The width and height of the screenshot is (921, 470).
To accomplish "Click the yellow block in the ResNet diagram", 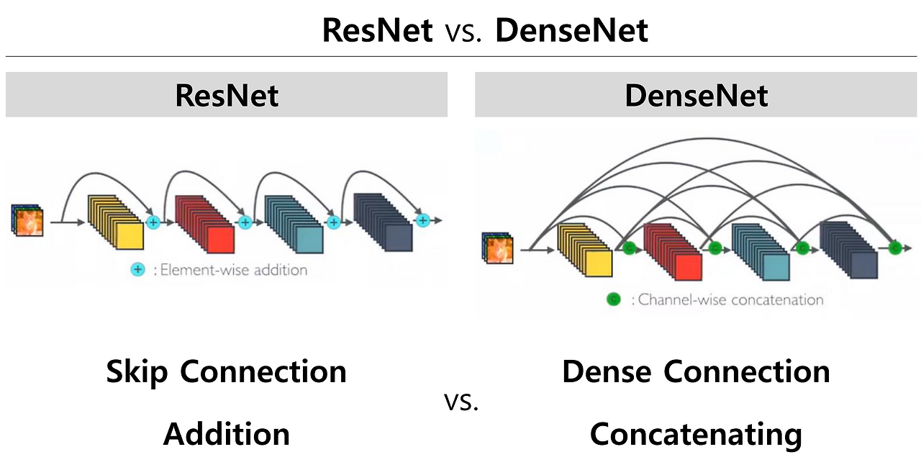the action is [116, 222].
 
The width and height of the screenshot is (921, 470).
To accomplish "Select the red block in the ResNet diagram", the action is [205, 224].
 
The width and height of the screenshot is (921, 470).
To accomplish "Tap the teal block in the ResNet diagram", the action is [294, 224].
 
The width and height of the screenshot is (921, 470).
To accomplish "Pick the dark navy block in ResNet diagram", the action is [384, 222].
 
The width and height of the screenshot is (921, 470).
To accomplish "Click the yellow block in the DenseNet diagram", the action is [585, 250].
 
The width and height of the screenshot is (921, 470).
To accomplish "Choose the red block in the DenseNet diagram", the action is [673, 252].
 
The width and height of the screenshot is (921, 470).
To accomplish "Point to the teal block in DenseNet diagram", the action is [761, 252].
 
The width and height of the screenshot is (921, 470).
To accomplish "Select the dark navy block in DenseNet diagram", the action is [849, 250].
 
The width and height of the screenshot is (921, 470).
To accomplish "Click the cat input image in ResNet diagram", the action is [27, 220].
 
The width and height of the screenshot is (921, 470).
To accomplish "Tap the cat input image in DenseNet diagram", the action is [498, 248].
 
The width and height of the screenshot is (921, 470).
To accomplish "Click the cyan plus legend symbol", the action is [137, 270].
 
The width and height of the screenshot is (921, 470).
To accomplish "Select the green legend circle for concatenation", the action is [614, 299].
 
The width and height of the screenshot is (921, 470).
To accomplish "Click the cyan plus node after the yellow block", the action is [153, 222].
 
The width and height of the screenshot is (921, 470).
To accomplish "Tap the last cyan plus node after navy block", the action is [422, 220].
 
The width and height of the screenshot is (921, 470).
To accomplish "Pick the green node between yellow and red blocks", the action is [629, 248].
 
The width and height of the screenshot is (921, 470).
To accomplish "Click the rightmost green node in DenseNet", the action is [895, 248].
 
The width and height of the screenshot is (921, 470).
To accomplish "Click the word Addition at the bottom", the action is [227, 434].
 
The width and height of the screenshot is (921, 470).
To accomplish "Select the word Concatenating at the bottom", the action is [696, 435].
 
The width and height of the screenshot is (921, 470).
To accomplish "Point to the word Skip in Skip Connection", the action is [137, 372].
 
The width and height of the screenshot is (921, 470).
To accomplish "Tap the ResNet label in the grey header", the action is [227, 96].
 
